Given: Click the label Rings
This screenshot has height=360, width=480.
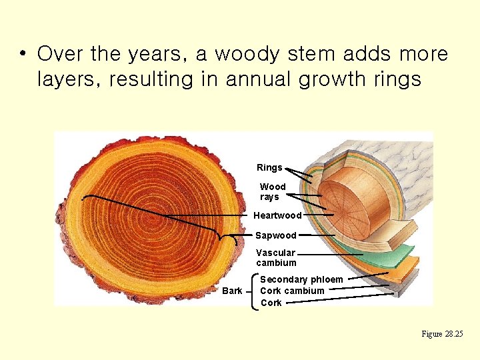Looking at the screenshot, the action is [269, 167].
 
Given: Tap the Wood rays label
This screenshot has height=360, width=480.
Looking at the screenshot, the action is [272, 192].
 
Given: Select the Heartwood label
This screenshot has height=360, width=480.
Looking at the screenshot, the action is [277, 215].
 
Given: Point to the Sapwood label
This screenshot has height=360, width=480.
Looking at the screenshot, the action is [275, 235].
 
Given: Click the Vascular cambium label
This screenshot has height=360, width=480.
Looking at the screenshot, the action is [276, 257].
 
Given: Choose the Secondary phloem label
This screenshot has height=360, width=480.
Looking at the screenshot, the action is [301, 279].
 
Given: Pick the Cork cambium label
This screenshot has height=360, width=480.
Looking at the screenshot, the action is [292, 291].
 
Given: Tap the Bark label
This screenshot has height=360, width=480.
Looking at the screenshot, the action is [232, 291].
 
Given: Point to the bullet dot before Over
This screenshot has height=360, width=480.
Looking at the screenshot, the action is [23, 53].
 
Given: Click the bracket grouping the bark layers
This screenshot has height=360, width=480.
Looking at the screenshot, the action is [253, 291].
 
